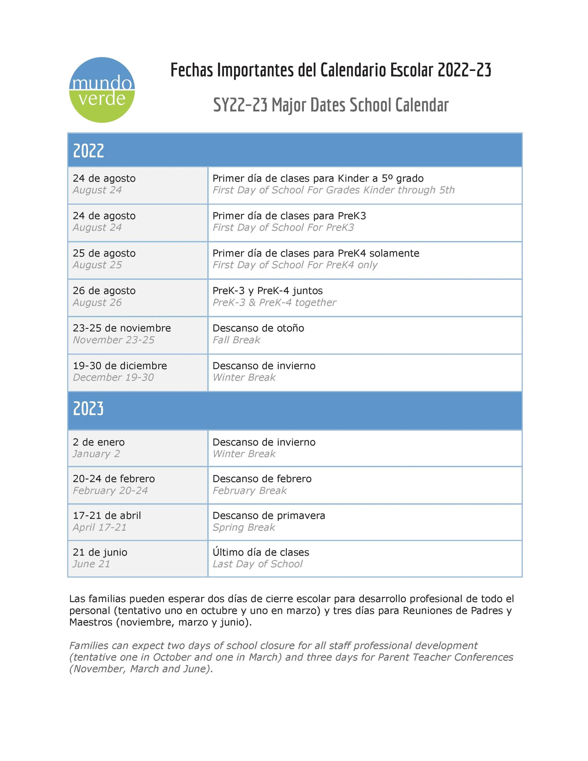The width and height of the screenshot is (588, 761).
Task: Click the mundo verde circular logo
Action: coord(102,90)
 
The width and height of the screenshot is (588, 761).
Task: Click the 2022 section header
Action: coord(88,151)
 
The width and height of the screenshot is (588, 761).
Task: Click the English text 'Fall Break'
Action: coord(236,340)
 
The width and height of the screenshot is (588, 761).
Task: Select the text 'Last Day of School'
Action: coord(257,564)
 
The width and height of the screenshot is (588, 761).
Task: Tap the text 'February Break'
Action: coord(249,491)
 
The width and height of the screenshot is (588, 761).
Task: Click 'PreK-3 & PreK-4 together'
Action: coord(274,303)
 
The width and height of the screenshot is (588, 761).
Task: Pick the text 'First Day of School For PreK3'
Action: coord(283,227)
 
